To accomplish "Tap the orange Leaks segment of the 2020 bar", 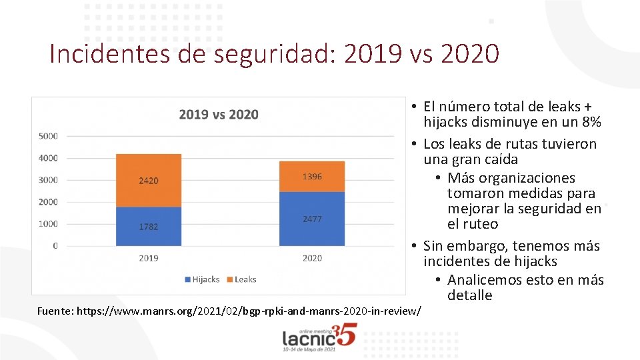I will point(312,177).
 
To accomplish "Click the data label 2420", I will point(149,181).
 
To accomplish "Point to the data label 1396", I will point(312,177).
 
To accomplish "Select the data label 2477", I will point(312,219).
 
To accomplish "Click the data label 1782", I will point(149,227).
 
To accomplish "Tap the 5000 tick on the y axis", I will point(47,136).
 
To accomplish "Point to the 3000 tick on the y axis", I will point(47,180).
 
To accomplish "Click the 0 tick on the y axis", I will point(55,245).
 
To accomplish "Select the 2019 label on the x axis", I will point(149,258).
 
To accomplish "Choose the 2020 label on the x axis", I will point(312,258).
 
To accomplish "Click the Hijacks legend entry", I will point(201,279).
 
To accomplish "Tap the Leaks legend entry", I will point(241,279).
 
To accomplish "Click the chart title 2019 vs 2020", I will point(219,115).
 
